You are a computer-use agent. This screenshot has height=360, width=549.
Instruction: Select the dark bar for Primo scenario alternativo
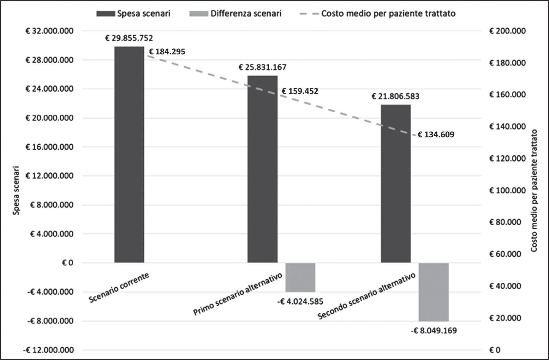point(262,169)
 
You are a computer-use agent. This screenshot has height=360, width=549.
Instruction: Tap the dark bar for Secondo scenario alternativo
point(395,184)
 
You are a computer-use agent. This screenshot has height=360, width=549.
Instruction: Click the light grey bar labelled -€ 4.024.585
point(300,277)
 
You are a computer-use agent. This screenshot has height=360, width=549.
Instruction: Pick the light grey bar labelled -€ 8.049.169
point(433,292)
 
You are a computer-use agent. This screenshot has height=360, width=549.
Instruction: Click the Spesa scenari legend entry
point(134,14)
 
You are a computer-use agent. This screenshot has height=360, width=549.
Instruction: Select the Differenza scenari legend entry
point(235,14)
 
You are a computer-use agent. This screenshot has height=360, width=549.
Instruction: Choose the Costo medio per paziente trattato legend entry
point(378,14)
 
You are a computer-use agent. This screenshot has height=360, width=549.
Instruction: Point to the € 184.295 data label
point(167,52)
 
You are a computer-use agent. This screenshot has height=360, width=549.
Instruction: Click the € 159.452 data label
point(300,91)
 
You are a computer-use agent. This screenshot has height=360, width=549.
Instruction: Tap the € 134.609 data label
point(436,134)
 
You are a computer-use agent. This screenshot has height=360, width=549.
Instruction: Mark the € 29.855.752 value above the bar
point(129,38)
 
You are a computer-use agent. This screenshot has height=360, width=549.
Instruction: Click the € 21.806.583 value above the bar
point(395,96)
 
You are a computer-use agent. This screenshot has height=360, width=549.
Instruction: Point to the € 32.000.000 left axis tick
point(49,31)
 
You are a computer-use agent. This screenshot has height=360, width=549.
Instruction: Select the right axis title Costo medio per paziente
point(534,191)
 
